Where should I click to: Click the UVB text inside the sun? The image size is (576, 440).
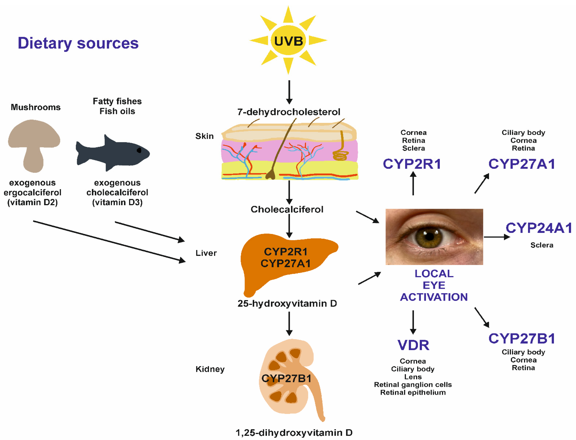pos(288,41)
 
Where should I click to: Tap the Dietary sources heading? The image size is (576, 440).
pos(78,43)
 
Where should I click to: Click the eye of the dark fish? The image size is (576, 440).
pos(139,150)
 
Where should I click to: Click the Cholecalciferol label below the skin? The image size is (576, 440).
pos(287,209)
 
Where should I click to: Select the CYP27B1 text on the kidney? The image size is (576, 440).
pos(286,378)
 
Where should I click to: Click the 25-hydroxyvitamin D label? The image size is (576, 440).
pos(287,303)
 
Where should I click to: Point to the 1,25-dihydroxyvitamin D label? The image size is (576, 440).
pos(294,432)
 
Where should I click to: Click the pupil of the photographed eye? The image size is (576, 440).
pos(429,236)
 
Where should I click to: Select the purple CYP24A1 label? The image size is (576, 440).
pos(539,228)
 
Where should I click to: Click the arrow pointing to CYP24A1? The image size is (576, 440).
pos(497,237)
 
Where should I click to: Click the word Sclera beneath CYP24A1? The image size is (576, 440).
pos(542,245)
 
